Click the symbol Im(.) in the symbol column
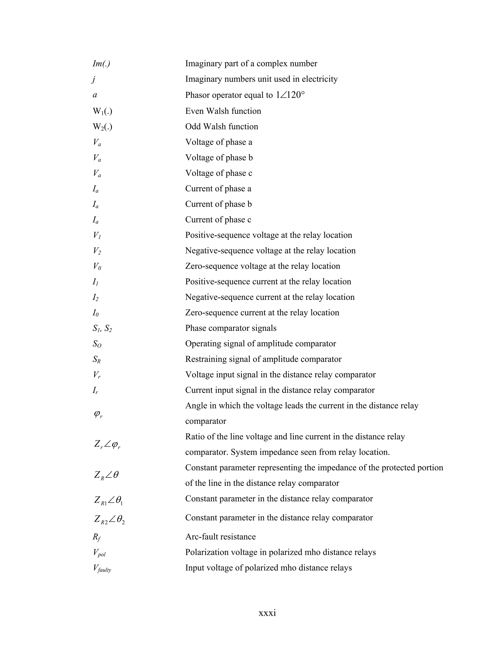pyautogui.click(x=101, y=64)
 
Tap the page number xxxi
pyautogui.click(x=267, y=613)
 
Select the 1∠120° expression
pyautogui.click(x=290, y=95)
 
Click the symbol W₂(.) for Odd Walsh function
pyautogui.click(x=103, y=127)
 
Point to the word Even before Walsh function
pyautogui.click(x=194, y=111)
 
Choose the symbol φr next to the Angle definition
pyautogui.click(x=98, y=414)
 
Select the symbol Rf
pyautogui.click(x=97, y=537)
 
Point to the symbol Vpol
pyautogui.click(x=99, y=553)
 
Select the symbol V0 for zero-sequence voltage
pyautogui.click(x=97, y=266)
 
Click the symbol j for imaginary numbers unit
pyautogui.click(x=94, y=79)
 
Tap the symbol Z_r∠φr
pyautogui.click(x=107, y=444)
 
